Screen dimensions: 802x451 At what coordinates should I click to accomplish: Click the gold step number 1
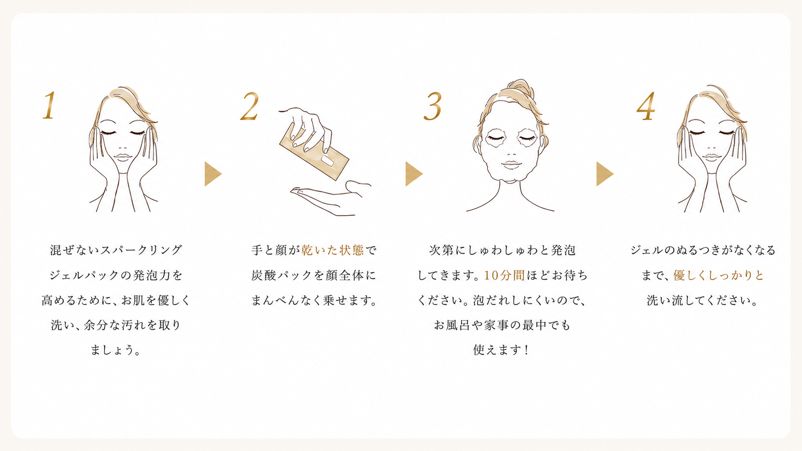click(49, 105)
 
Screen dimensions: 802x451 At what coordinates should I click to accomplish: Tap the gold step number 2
click(249, 106)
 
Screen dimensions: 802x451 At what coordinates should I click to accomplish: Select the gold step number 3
click(433, 106)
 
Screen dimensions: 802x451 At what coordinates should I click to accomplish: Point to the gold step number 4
click(646, 106)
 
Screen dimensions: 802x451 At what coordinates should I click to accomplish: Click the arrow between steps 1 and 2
click(212, 174)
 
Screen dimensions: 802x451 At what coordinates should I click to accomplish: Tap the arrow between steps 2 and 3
click(413, 174)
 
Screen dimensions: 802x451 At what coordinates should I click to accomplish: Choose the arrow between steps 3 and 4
click(604, 174)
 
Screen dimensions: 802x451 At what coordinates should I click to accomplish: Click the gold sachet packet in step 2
click(314, 151)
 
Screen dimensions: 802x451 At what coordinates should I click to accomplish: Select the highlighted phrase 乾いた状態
click(332, 250)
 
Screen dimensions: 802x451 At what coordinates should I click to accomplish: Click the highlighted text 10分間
click(504, 275)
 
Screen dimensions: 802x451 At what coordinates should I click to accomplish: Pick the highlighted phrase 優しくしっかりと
click(718, 275)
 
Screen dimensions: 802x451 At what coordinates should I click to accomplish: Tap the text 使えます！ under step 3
click(501, 350)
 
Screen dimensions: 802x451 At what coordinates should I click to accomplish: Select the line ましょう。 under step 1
click(115, 350)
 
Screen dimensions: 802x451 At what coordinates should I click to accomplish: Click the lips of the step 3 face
click(511, 164)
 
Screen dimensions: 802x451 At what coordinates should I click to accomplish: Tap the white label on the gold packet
click(327, 160)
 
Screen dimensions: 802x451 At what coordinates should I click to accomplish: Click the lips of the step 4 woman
click(711, 157)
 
